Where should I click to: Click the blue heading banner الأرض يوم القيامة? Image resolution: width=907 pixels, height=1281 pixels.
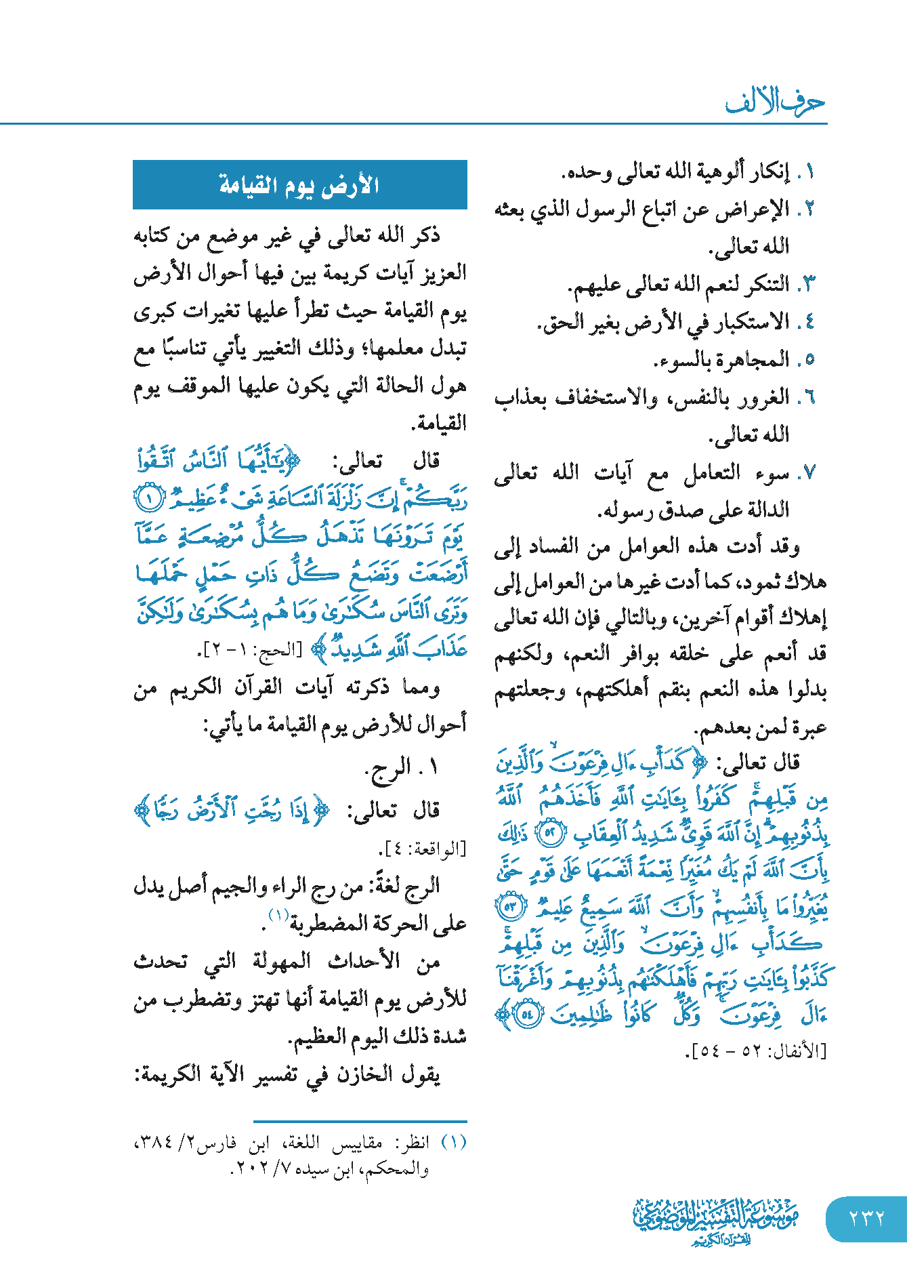(x=299, y=184)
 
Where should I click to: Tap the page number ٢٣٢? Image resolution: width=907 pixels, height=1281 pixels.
(x=866, y=1218)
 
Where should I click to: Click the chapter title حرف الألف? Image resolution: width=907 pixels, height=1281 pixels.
(x=775, y=102)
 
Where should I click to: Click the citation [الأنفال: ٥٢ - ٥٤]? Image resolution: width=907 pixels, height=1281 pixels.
(x=756, y=1052)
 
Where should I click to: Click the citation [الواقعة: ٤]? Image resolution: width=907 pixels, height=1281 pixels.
(x=422, y=848)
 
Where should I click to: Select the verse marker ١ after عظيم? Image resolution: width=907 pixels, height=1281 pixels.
(x=149, y=499)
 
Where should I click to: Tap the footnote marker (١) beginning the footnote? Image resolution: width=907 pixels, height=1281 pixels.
(x=454, y=1142)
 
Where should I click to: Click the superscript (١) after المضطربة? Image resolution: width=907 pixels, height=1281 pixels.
(x=278, y=915)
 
